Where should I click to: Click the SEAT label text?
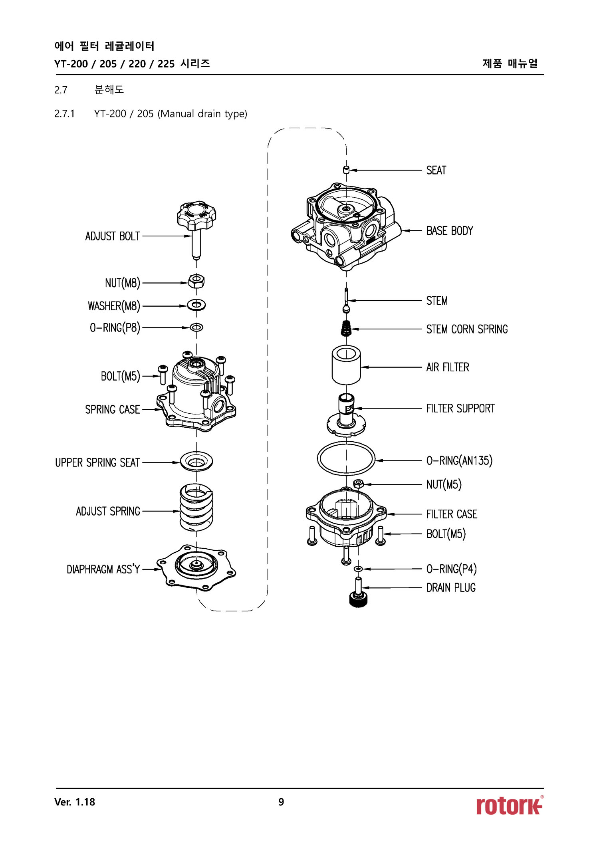(436, 171)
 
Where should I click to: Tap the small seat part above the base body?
(346, 170)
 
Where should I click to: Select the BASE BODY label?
(449, 231)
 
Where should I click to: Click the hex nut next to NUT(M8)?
(196, 282)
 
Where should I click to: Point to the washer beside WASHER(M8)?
(196, 305)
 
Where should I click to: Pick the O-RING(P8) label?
(115, 328)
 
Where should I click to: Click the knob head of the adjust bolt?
(196, 214)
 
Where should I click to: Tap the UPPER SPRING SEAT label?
(97, 463)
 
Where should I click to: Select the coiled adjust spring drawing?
(196, 507)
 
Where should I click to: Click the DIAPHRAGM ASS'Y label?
(103, 569)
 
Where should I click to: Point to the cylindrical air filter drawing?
(346, 365)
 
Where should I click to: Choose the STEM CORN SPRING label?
(467, 329)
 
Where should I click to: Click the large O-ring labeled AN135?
(346, 458)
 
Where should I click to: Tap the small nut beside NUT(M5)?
(359, 484)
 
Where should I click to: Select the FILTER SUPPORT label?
(460, 409)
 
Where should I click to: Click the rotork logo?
(509, 805)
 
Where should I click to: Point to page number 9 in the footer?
(281, 802)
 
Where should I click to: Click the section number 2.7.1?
(64, 114)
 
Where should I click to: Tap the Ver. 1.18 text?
(75, 802)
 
